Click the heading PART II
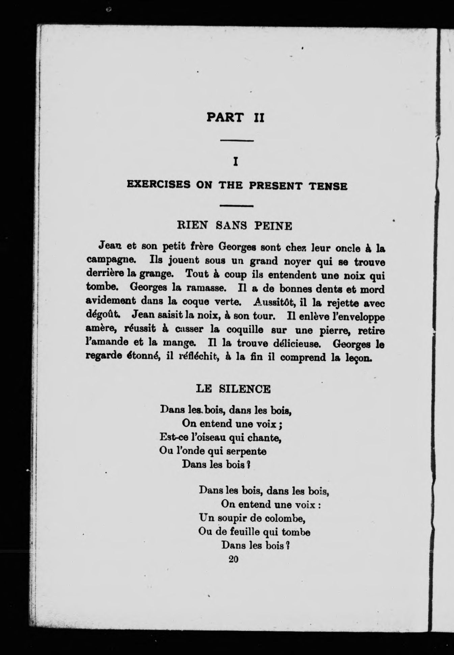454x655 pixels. (x=235, y=118)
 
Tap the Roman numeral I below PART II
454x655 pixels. (x=236, y=162)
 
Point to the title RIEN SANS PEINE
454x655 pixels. (x=235, y=225)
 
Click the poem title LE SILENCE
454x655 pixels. (x=233, y=389)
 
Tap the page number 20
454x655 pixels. (x=233, y=559)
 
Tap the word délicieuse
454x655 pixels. (x=297, y=344)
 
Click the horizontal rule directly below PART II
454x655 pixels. (x=236, y=141)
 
